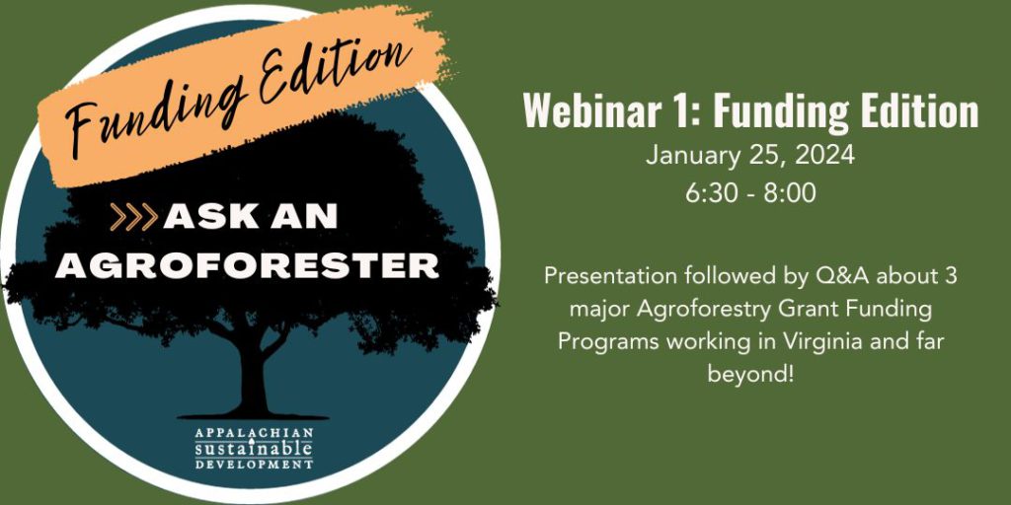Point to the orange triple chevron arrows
[x=133, y=217]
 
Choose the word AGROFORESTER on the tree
[x=247, y=265]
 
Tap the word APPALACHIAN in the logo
[x=254, y=433]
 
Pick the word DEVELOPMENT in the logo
[x=254, y=464]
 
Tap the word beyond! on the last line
[x=750, y=374]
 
